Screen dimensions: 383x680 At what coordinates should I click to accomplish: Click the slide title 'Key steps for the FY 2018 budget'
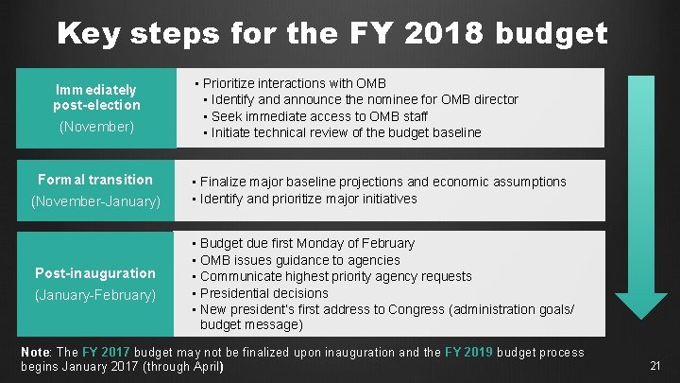(331, 33)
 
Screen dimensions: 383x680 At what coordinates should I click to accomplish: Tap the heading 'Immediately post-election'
(96, 97)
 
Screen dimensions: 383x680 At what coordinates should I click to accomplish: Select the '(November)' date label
(96, 126)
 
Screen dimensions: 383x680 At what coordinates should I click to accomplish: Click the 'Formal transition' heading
(94, 180)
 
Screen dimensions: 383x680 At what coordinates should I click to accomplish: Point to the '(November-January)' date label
(96, 201)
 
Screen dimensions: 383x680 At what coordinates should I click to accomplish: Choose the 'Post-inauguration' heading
(95, 273)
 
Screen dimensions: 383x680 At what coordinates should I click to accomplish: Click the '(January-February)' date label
(95, 295)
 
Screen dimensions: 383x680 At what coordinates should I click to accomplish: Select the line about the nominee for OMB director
(364, 99)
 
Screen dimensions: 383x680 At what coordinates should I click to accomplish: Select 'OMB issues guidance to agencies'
(299, 260)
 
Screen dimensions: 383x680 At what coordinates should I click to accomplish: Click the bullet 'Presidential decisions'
(263, 293)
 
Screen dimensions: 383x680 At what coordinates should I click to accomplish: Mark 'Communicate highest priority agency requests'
(335, 276)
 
